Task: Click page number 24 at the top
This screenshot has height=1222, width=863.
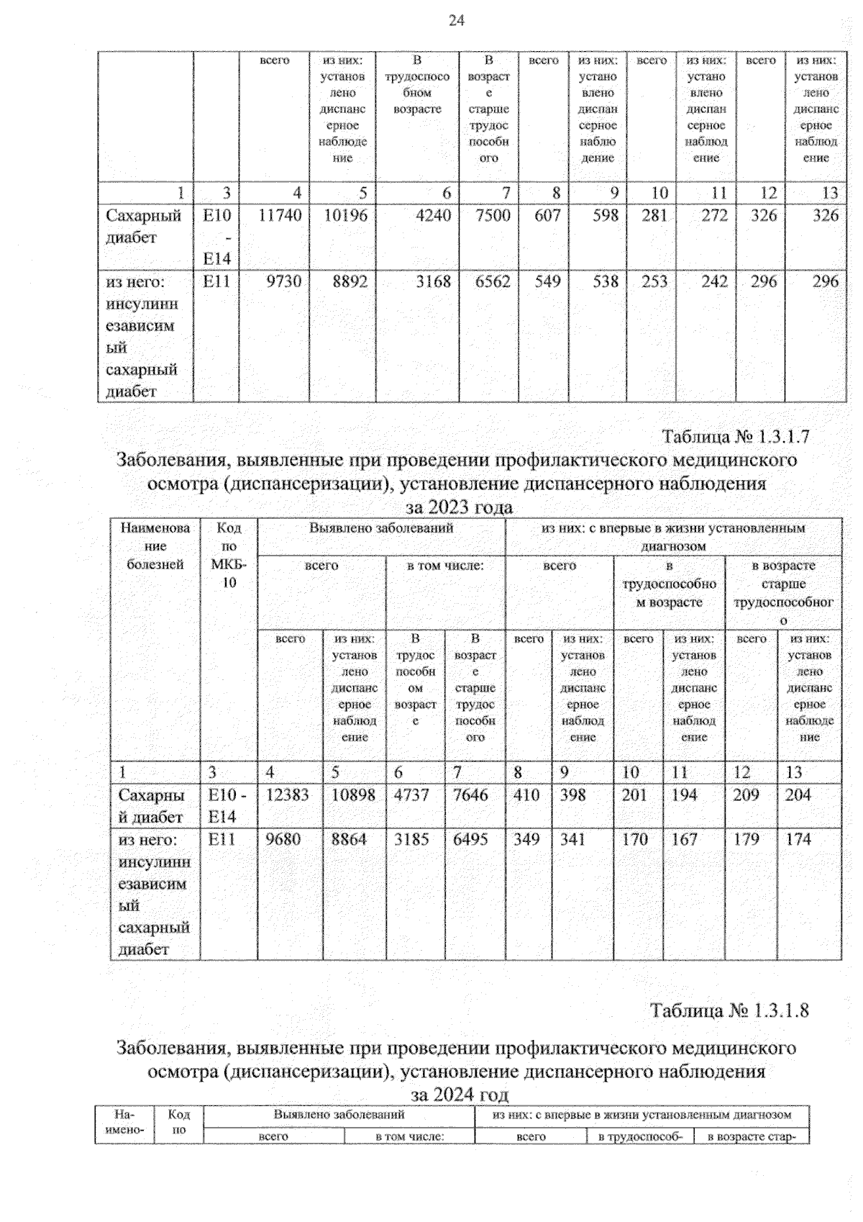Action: tap(456, 21)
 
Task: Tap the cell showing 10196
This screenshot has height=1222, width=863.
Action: tap(345, 215)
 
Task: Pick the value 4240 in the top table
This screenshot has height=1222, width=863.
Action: tap(433, 215)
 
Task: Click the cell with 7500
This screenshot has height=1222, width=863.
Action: tap(493, 215)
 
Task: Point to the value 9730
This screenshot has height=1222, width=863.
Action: tap(283, 281)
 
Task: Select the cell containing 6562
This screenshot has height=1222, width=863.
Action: tap(493, 281)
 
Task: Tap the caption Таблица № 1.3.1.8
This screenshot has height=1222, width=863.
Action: tap(729, 1010)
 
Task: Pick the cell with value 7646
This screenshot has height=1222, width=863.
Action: tap(470, 795)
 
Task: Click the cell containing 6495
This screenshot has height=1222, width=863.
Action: tap(470, 839)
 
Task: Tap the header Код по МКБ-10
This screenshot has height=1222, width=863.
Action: tap(229, 555)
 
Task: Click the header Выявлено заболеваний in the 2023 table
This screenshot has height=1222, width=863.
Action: tap(381, 528)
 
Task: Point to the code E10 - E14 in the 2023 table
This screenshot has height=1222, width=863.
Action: tap(227, 805)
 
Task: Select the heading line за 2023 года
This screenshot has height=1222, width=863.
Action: tap(459, 507)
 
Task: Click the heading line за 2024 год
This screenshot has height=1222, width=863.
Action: tap(459, 1095)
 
